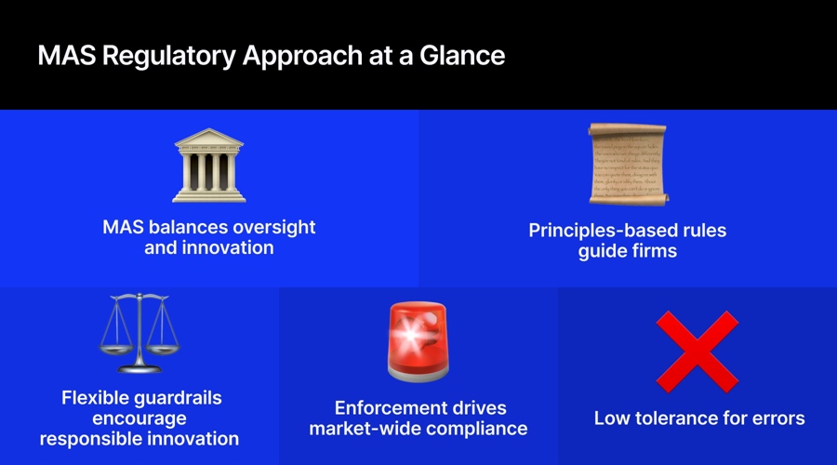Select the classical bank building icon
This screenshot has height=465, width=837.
click(209, 166)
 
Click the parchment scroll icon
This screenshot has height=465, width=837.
click(627, 164)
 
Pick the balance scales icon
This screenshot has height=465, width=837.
click(139, 333)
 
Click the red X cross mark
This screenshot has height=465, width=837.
click(697, 351)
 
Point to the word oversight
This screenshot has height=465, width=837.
click(272, 227)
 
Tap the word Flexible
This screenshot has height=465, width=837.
click(98, 398)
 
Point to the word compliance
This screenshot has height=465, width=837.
click(479, 429)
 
